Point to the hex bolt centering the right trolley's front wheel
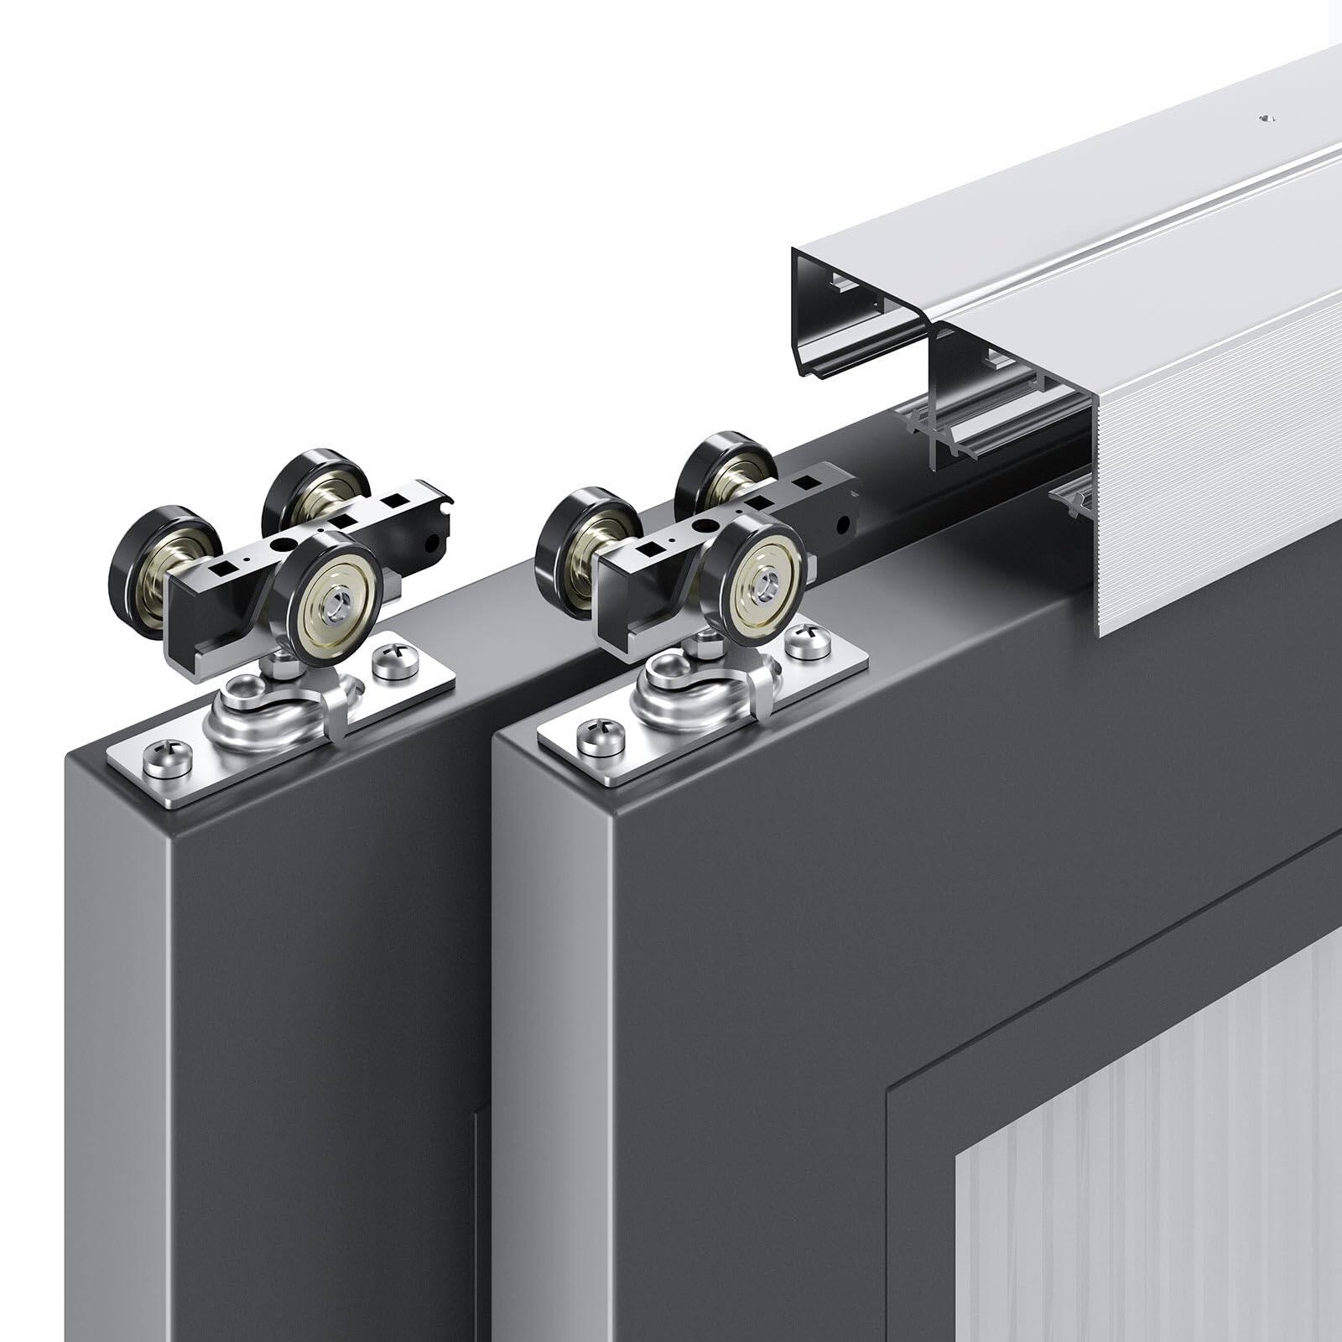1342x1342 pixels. click(x=765, y=579)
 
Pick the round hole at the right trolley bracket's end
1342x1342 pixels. click(x=841, y=527)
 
